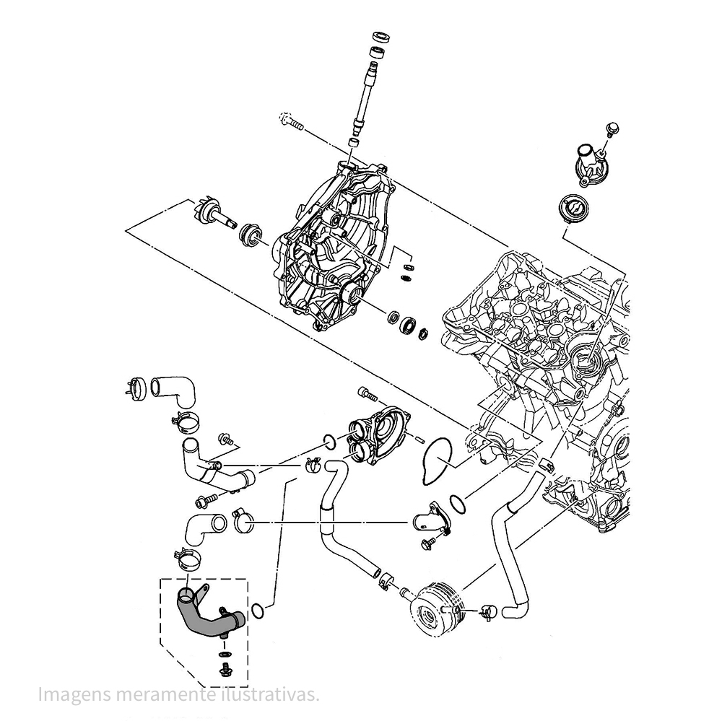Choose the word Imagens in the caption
pos(71,694)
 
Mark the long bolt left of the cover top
pos(292,122)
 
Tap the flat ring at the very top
pos(380,36)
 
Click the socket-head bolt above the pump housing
pos(367,394)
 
